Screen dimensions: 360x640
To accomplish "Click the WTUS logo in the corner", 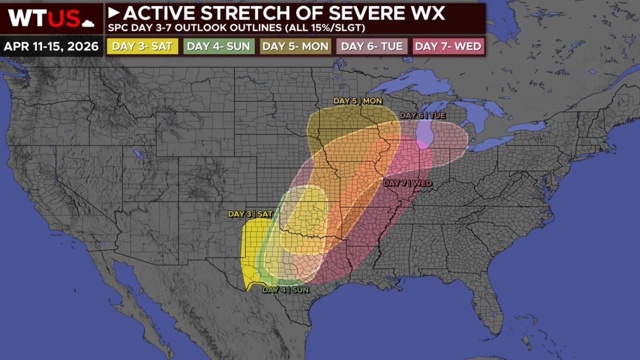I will [x=45, y=18].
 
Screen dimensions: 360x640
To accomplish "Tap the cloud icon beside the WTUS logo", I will [x=88, y=22].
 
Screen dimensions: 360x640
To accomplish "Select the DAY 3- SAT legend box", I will [x=142, y=46].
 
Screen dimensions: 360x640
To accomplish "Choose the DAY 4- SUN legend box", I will [x=218, y=46].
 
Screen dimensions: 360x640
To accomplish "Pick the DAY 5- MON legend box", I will [x=295, y=46].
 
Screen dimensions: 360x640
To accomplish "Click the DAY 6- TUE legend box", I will [x=372, y=46].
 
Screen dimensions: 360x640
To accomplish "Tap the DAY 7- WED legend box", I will [x=448, y=46].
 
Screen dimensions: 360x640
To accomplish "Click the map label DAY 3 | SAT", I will [x=250, y=214].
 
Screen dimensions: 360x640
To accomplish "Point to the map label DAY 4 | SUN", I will [x=285, y=289].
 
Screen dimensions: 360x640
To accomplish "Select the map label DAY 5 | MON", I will [x=357, y=101].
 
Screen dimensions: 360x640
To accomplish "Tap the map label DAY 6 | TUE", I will [x=422, y=115].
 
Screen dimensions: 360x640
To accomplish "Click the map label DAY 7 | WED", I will [x=407, y=183].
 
